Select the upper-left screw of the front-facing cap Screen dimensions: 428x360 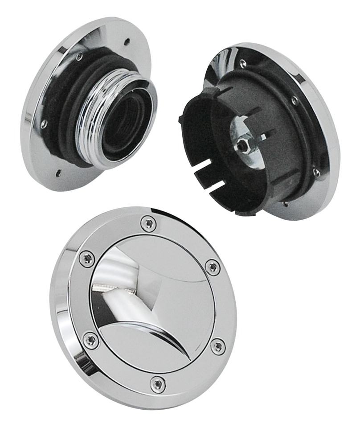tap(86, 258)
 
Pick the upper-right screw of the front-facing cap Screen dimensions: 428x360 tap(213, 267)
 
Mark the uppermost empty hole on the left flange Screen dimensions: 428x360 tap(128, 40)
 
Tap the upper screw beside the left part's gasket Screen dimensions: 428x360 tap(79, 57)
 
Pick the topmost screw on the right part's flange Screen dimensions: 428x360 tap(242, 62)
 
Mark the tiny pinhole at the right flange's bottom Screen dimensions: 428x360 tap(285, 206)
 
